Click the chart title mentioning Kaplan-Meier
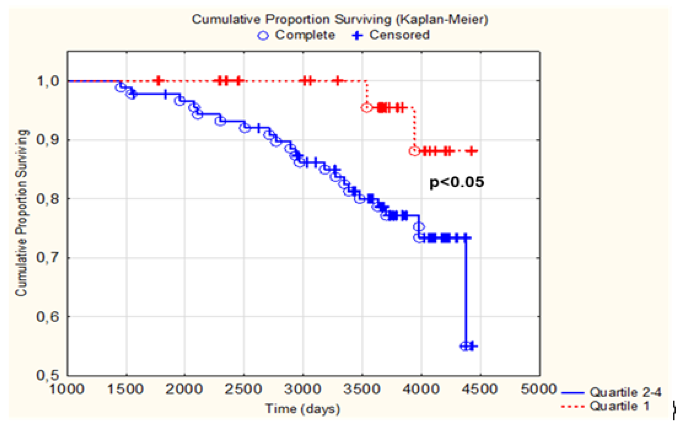click(x=339, y=19)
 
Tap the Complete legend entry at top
click(x=297, y=35)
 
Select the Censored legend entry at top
click(x=391, y=35)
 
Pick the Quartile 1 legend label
click(x=619, y=406)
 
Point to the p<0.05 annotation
click(x=456, y=182)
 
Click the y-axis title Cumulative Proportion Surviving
click(x=21, y=213)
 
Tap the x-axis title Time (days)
click(x=302, y=408)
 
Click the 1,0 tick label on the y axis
click(x=47, y=81)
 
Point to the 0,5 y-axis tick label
click(x=47, y=375)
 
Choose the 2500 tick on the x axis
click(x=243, y=389)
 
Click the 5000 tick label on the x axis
click(x=538, y=389)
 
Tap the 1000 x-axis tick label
click(x=67, y=389)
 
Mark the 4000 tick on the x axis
click(x=421, y=389)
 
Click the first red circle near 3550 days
click(x=367, y=108)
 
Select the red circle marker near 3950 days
click(x=415, y=151)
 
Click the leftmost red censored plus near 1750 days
click(x=158, y=81)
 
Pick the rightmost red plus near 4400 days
click(x=472, y=151)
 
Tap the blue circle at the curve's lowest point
click(x=465, y=346)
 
